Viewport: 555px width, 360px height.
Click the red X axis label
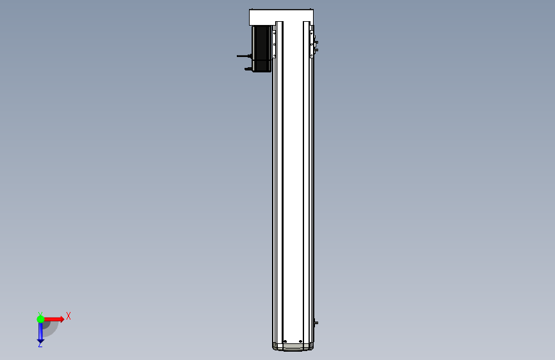tap(68, 316)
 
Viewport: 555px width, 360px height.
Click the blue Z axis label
tap(40, 344)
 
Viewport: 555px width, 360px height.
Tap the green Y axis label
tap(40, 314)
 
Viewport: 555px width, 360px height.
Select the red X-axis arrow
tap(54, 319)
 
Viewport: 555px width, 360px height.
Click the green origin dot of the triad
tap(40, 319)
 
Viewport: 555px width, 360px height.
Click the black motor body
tap(262, 49)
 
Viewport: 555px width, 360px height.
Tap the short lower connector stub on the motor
tap(248, 69)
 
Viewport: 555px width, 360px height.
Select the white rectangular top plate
tap(281, 17)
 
